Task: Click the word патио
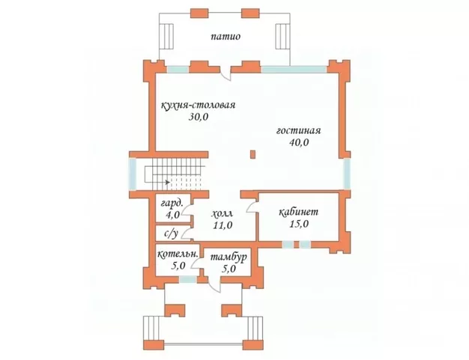click(226, 37)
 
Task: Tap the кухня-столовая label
click(199, 106)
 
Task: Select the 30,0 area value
click(199, 117)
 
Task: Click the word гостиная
click(298, 130)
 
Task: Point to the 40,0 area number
click(299, 142)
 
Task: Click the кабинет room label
click(298, 212)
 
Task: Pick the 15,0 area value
click(299, 224)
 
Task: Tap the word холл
click(223, 214)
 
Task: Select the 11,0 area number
click(223, 225)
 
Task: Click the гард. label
click(172, 204)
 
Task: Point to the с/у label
click(171, 234)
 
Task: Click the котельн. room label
click(178, 254)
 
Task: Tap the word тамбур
click(229, 257)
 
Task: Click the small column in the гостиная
click(253, 154)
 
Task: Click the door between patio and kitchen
click(226, 74)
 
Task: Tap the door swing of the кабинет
click(251, 207)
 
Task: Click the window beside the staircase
click(133, 174)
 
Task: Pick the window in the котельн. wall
click(187, 279)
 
